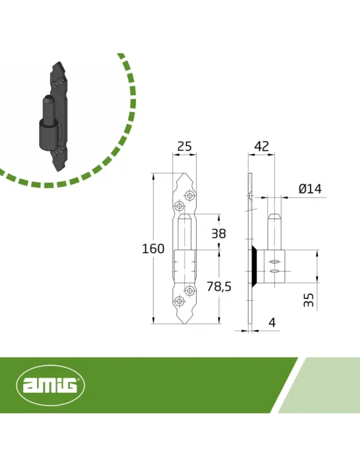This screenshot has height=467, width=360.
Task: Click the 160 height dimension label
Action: coord(153,248)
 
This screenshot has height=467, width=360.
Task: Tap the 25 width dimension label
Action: coord(185,147)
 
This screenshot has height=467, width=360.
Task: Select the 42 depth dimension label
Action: coord(262,146)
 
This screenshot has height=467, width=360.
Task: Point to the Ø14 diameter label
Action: coord(310,189)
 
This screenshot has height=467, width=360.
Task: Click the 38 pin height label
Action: coord(219,233)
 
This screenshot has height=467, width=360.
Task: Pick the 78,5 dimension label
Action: coord(219,286)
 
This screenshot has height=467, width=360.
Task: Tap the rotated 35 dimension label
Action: coord(309,300)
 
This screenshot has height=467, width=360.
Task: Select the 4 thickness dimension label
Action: coord(272,322)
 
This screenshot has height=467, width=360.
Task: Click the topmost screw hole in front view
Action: coord(190,195)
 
